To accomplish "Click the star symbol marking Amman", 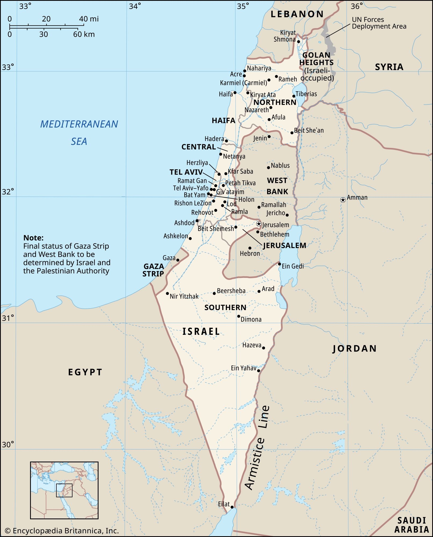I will pyautogui.click(x=343, y=200).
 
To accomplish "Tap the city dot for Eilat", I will pyautogui.click(x=232, y=507).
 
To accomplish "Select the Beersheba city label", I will pyautogui.click(x=231, y=291).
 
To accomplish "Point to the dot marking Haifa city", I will pyautogui.click(x=235, y=93).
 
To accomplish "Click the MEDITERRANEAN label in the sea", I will pyautogui.click(x=79, y=124).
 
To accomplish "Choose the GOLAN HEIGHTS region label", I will pyautogui.click(x=316, y=59).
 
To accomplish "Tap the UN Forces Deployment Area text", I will pyautogui.click(x=379, y=23).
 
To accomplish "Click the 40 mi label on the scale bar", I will pyautogui.click(x=89, y=19).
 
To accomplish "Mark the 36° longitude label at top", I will pyautogui.click(x=357, y=6).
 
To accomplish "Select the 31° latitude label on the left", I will pyautogui.click(x=8, y=318).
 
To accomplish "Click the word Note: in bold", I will pyautogui.click(x=33, y=238).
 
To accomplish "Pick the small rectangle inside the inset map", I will pyautogui.click(x=64, y=490).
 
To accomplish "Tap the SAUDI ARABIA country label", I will pyautogui.click(x=411, y=525).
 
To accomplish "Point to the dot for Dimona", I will pyautogui.click(x=239, y=316).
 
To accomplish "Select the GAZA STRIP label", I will pyautogui.click(x=153, y=270).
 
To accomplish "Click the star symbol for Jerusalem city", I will pyautogui.click(x=259, y=224).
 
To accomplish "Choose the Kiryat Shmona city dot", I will pyautogui.click(x=299, y=42).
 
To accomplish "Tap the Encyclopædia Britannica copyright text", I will pyautogui.click(x=62, y=531).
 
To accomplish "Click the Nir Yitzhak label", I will pyautogui.click(x=184, y=296).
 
